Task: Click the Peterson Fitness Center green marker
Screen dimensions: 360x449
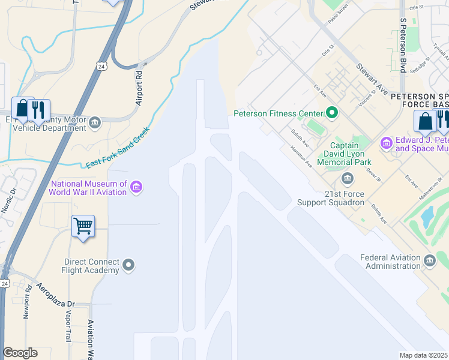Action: click(x=331, y=112)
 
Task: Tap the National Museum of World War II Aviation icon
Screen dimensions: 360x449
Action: click(x=136, y=188)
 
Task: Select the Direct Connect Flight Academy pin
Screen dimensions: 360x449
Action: click(x=128, y=265)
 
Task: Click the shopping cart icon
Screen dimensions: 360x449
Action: click(x=83, y=226)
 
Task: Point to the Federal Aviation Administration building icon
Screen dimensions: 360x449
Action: click(x=430, y=260)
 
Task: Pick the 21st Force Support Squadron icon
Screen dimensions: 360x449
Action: click(x=348, y=179)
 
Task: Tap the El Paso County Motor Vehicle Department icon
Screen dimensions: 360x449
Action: click(x=95, y=124)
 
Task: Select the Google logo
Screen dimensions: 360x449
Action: click(x=20, y=353)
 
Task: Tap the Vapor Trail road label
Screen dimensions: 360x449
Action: click(x=67, y=326)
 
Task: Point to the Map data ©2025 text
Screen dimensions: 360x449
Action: click(x=424, y=355)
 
